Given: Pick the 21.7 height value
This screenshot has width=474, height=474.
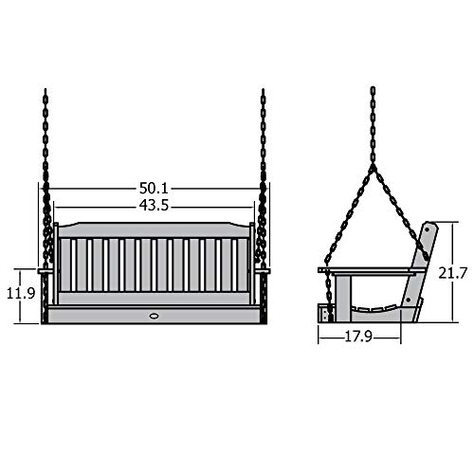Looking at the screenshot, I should (454, 272).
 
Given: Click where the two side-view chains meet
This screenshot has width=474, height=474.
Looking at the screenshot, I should (373, 171).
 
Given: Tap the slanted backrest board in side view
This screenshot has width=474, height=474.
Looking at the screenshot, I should (423, 256).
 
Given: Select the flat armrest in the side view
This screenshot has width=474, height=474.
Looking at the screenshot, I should (365, 271).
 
